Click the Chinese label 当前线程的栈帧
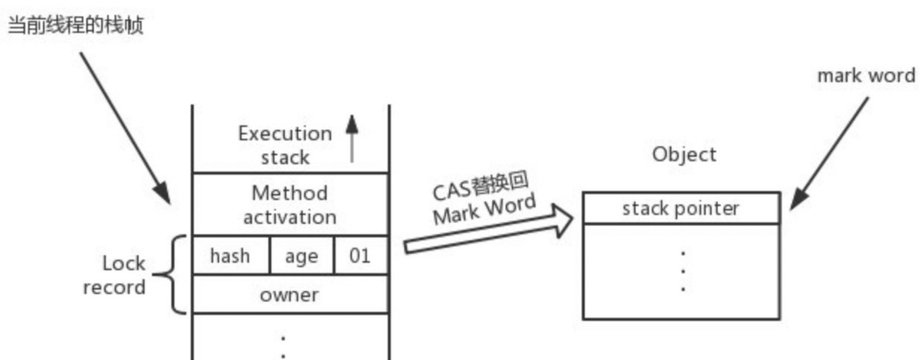(75, 24)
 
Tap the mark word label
(866, 76)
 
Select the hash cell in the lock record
(230, 256)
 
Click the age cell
(301, 256)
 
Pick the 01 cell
(360, 256)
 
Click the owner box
(289, 295)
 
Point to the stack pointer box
(681, 209)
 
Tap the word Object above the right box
(684, 155)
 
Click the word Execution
(285, 134)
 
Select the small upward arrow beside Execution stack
(352, 138)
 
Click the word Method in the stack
(290, 193)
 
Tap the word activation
(290, 217)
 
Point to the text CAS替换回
(480, 186)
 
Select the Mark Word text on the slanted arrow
(484, 209)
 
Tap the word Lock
(124, 263)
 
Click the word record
(114, 287)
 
